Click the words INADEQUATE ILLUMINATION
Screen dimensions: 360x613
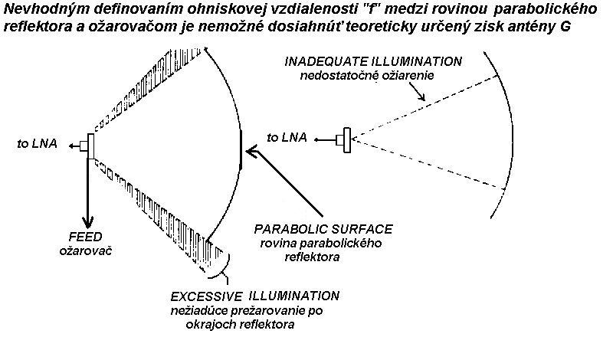click(x=373, y=61)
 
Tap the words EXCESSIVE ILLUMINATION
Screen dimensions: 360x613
click(x=255, y=295)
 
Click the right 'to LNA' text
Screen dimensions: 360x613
click(x=288, y=138)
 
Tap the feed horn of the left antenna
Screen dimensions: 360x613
click(x=91, y=145)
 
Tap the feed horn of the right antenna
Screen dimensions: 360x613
click(x=348, y=139)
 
